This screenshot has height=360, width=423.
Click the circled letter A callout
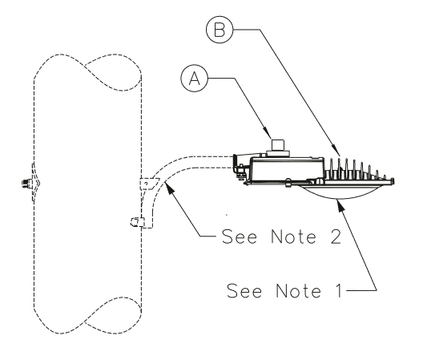(195, 79)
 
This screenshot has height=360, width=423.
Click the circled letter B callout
(220, 29)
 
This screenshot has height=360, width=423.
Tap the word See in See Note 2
(240, 237)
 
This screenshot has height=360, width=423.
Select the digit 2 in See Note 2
(336, 237)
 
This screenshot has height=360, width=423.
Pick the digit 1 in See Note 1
(340, 290)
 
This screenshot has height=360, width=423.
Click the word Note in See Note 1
(298, 290)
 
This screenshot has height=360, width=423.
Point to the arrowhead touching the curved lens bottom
(341, 206)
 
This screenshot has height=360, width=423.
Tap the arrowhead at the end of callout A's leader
(267, 133)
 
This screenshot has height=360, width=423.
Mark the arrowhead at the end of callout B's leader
(336, 150)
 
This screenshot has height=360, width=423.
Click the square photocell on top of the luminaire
(277, 145)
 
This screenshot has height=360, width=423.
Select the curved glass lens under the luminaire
(339, 192)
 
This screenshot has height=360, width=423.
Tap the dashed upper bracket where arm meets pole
(149, 184)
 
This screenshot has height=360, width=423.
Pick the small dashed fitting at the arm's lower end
(137, 222)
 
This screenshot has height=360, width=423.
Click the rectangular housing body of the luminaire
(288, 170)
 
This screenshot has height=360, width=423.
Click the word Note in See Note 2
(293, 237)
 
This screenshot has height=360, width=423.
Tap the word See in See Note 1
(244, 290)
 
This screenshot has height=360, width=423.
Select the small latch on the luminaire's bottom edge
(288, 183)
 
